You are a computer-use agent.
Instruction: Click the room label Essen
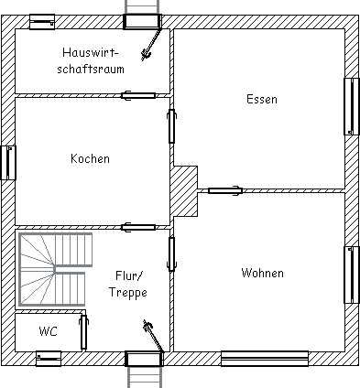click(x=262, y=100)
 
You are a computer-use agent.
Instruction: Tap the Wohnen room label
click(x=262, y=273)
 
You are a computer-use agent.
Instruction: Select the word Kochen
click(x=90, y=158)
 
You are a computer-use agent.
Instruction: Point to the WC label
click(x=49, y=331)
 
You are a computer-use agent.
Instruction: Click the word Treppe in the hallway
click(x=128, y=293)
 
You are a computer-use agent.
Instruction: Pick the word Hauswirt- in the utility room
click(x=91, y=52)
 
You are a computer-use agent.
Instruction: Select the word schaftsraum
click(x=91, y=69)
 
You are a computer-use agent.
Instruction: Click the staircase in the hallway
click(x=55, y=270)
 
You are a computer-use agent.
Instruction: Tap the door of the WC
click(x=83, y=332)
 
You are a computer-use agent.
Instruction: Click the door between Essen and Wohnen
click(x=225, y=191)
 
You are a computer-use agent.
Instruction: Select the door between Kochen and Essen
click(x=172, y=126)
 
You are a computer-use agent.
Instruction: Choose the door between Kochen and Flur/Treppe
click(x=138, y=227)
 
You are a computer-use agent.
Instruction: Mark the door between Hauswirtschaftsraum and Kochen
click(x=138, y=96)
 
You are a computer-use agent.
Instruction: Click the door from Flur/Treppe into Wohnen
click(x=172, y=254)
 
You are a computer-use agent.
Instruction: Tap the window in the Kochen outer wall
click(x=8, y=163)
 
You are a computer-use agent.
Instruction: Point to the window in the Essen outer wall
click(x=352, y=106)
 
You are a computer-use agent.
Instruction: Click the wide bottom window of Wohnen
click(x=265, y=359)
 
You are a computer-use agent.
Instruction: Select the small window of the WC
click(x=49, y=359)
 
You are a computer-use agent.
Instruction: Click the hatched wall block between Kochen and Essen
click(x=184, y=191)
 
